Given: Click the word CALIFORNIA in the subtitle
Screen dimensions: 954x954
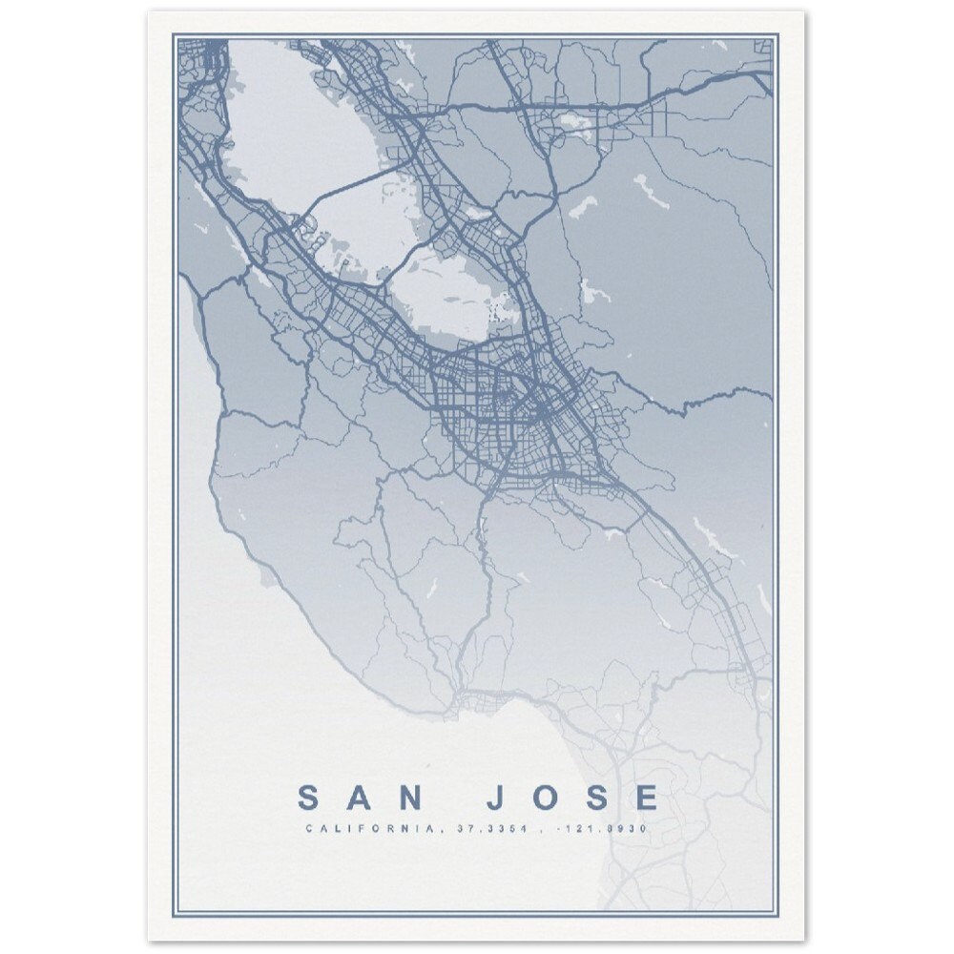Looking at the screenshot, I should point(370,829).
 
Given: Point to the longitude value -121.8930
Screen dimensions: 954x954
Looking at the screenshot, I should point(606,829).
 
